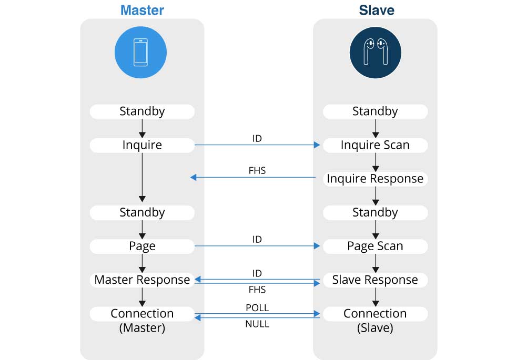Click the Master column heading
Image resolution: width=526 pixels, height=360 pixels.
pos(142,10)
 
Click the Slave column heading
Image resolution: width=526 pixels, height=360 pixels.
pos(376,10)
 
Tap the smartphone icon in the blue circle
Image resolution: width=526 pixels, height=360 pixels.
pos(140,53)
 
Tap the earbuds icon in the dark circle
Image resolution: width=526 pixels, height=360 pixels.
pos(375,53)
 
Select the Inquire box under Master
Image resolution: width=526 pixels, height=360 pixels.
pos(142,145)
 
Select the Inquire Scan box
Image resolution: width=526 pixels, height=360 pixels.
pos(375,145)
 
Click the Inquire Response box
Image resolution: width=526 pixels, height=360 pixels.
pos(375,179)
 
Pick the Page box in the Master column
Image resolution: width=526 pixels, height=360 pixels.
pos(142,246)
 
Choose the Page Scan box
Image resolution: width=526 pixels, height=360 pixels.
pos(375,246)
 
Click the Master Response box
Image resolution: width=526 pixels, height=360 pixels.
pos(142,280)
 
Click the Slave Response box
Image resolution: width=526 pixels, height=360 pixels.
pos(375,280)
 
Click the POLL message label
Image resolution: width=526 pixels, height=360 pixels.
pos(257,308)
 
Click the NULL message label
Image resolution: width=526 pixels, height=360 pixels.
pos(257,324)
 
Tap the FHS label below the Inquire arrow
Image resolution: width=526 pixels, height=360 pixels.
pos(257,171)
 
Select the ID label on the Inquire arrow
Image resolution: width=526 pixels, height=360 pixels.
pos(257,138)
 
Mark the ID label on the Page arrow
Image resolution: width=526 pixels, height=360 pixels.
pos(257,239)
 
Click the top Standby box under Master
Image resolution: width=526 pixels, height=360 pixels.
pos(142,111)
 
